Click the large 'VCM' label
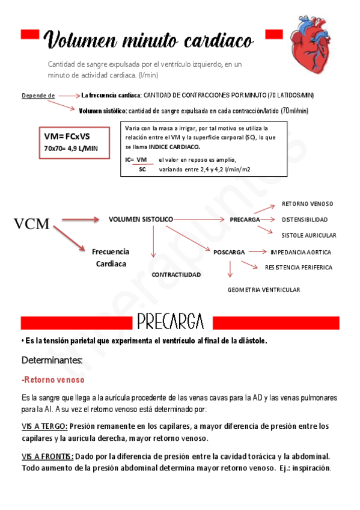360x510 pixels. (32, 224)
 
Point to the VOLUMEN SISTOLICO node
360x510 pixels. (141, 220)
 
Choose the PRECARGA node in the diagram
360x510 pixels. (245, 220)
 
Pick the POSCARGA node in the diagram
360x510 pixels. (229, 252)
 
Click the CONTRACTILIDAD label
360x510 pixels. (176, 274)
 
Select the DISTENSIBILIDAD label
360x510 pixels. (304, 220)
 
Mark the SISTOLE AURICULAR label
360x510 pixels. (308, 235)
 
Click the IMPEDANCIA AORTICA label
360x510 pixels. (301, 252)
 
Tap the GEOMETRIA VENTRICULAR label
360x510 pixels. (263, 290)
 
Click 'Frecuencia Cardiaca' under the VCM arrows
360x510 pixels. (111, 257)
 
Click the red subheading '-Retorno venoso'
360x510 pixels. (53, 379)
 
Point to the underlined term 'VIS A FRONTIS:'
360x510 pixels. (47, 456)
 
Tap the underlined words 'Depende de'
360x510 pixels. (38, 96)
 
